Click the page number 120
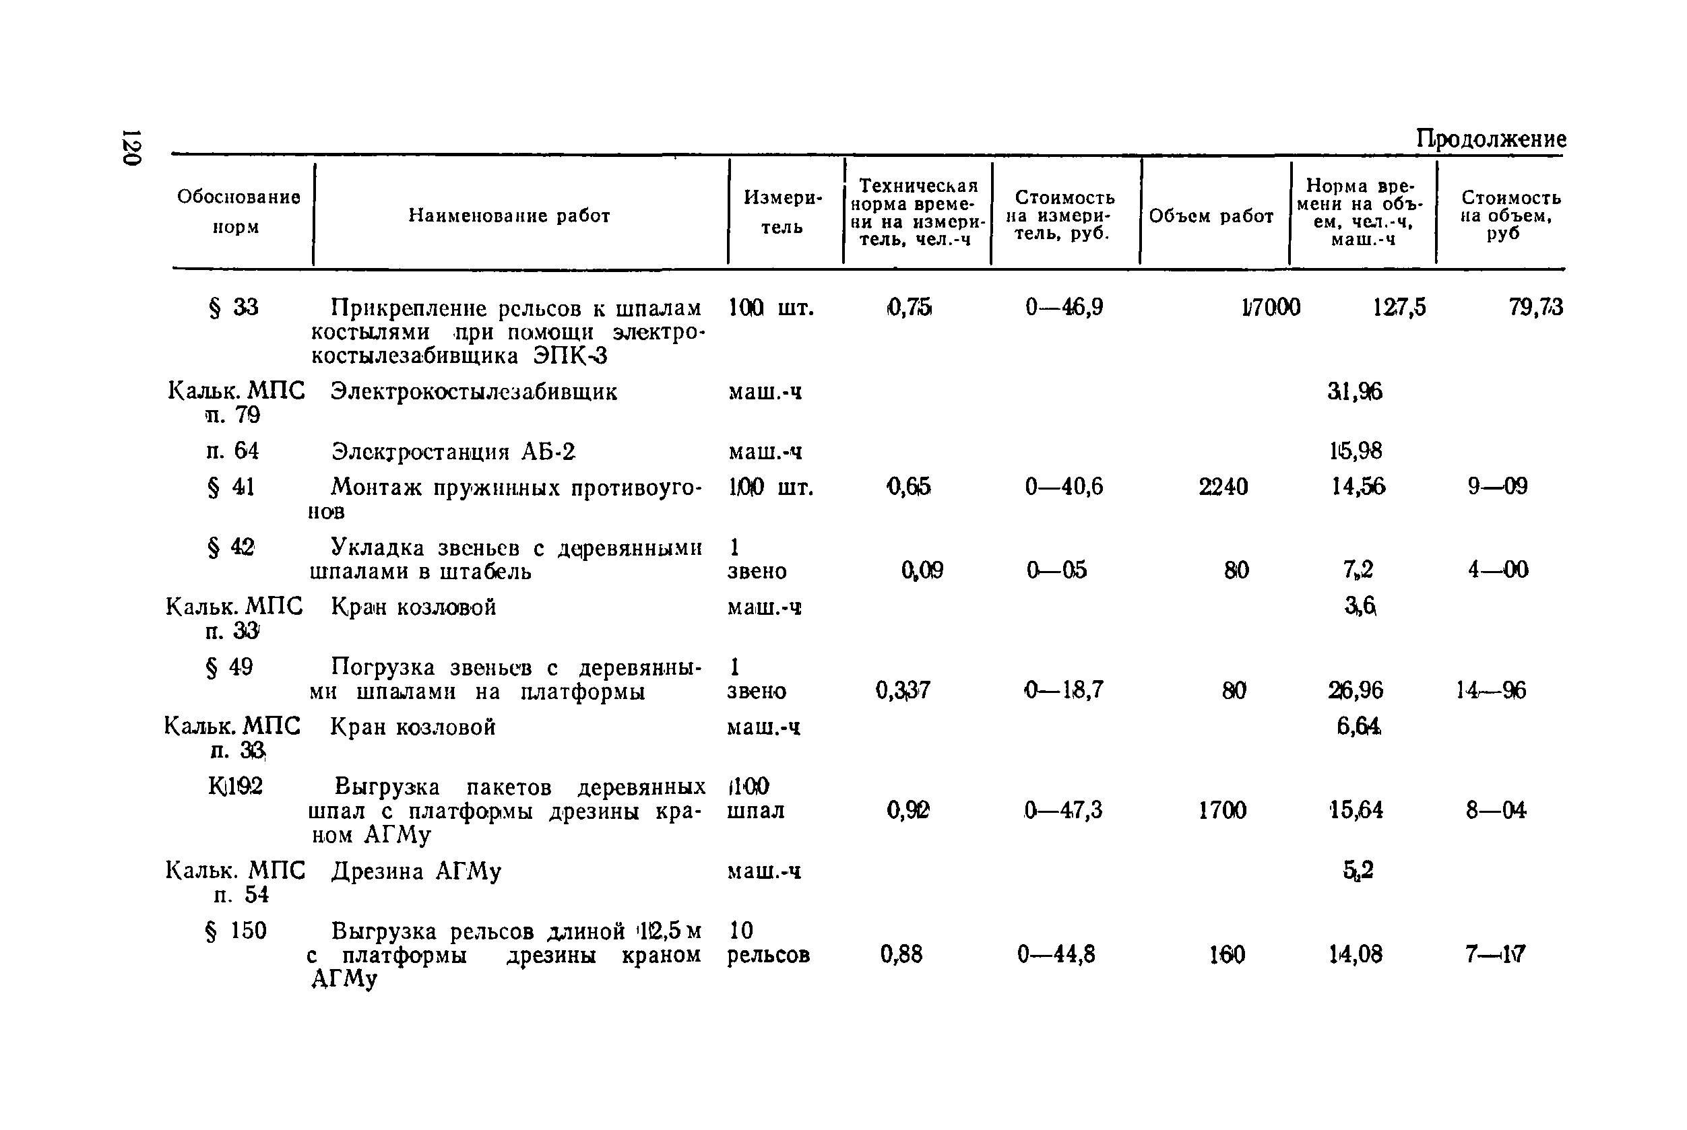click(131, 147)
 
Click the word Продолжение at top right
click(1490, 138)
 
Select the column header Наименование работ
click(509, 215)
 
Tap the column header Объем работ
click(1211, 216)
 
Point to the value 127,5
click(1399, 308)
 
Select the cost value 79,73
click(1535, 308)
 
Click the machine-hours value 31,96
click(1355, 391)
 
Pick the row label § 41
click(230, 487)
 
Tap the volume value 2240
click(1223, 487)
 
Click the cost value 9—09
click(1498, 486)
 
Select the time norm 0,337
click(903, 690)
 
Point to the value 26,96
click(1356, 690)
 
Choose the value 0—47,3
click(1062, 810)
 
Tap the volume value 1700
click(1222, 810)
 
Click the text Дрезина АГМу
click(416, 871)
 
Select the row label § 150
click(236, 931)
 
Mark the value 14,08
click(1356, 954)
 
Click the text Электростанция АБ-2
click(453, 452)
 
